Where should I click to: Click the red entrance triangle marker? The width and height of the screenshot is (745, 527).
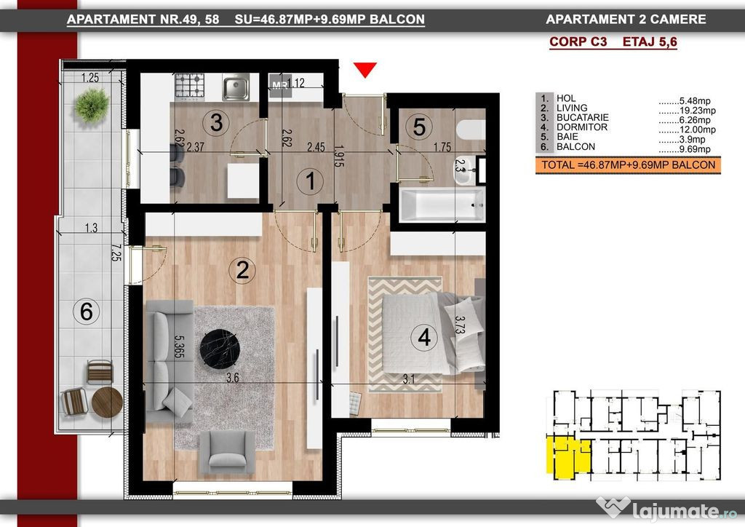365,69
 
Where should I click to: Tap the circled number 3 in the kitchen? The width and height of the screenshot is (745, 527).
216,122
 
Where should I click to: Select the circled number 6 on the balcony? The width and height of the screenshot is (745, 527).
86,312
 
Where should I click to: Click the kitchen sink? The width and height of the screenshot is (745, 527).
236,87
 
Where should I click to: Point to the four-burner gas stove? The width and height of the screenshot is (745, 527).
190,87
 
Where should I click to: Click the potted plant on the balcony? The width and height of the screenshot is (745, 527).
92,105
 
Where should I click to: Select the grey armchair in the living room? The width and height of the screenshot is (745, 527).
227,451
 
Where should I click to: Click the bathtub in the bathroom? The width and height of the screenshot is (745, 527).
442,205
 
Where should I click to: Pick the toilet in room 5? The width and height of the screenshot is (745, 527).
471,130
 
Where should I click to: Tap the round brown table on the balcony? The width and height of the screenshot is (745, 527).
107,402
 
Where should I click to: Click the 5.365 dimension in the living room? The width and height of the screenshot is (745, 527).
179,347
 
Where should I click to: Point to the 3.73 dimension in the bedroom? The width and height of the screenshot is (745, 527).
460,325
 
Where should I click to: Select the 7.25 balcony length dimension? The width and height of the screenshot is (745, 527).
116,253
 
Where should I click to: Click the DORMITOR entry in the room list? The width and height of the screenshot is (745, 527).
582,127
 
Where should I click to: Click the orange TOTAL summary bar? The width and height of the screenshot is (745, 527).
628,165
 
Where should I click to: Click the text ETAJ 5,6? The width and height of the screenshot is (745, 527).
650,41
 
